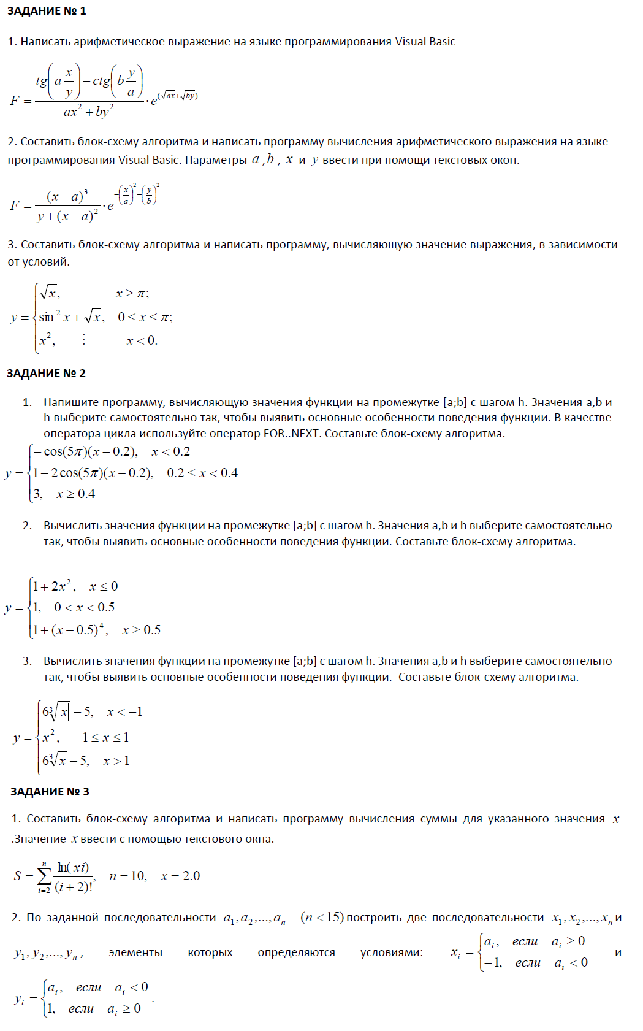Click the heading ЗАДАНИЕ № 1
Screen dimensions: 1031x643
point(47,11)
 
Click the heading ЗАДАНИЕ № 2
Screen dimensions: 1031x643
point(46,373)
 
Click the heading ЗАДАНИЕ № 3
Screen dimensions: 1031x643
point(50,791)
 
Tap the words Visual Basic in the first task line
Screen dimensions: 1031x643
point(425,42)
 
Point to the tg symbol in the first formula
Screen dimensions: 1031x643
point(42,80)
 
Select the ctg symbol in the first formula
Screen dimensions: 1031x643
point(101,80)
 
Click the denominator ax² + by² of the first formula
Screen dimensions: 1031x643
point(88,112)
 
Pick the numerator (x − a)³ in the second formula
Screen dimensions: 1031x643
point(67,196)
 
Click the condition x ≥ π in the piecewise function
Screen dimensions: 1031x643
point(132,294)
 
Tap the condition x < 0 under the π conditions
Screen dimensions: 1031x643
point(142,340)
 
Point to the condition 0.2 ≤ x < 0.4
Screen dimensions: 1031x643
point(202,473)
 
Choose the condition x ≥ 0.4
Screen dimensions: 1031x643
point(75,494)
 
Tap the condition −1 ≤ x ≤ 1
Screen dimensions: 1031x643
point(101,737)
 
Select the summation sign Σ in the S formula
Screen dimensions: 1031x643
point(44,876)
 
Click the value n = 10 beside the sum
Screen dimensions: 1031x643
point(127,876)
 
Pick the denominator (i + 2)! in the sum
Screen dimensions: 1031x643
point(74,887)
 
